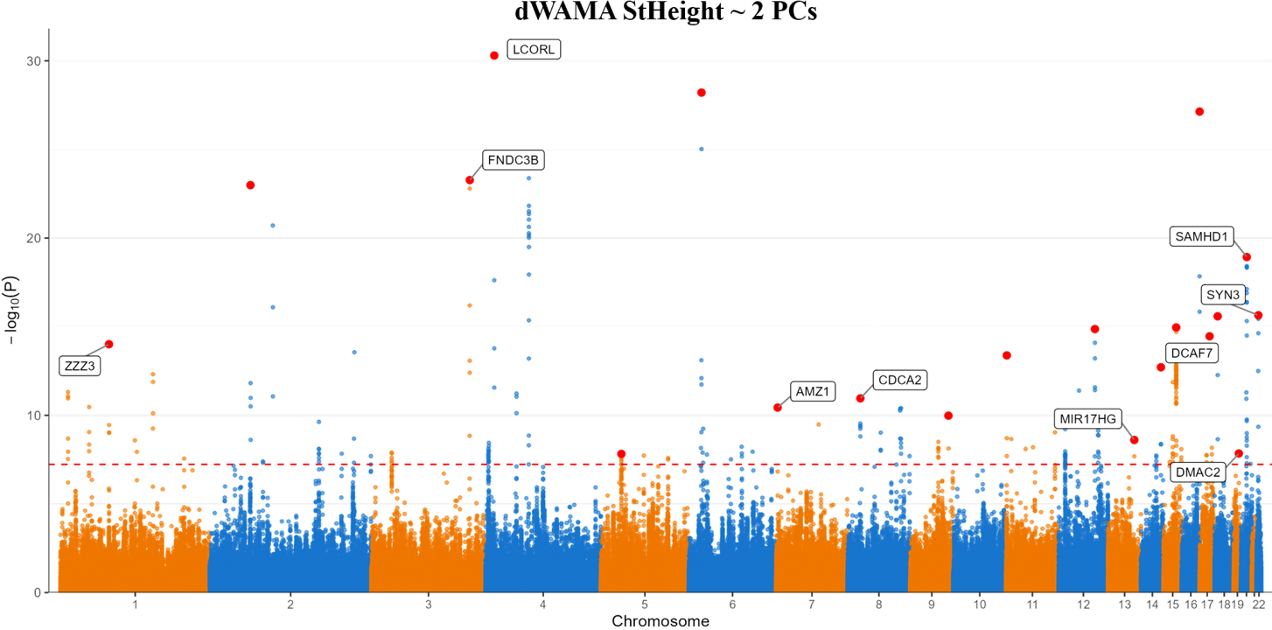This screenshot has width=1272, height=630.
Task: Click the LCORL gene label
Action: click(x=534, y=49)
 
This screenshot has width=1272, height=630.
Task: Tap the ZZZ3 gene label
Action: click(x=80, y=366)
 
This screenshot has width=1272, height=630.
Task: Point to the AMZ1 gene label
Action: click(x=813, y=391)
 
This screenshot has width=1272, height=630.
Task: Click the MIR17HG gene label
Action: click(x=1087, y=419)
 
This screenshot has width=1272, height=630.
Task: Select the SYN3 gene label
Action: click(x=1222, y=294)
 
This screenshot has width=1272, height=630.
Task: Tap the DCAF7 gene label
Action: click(x=1192, y=353)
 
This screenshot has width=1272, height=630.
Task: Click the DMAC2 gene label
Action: click(x=1198, y=472)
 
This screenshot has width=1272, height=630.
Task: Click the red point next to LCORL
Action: click(x=494, y=54)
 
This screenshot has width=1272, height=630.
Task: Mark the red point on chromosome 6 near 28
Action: click(x=701, y=92)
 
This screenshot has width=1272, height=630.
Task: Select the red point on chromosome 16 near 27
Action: click(x=1199, y=111)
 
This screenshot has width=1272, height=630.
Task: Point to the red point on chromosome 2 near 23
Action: click(x=250, y=185)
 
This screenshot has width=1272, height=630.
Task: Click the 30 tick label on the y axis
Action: click(x=35, y=61)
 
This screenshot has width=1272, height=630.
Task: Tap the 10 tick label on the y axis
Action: click(x=35, y=415)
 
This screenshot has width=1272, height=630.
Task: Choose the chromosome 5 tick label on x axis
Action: click(x=645, y=604)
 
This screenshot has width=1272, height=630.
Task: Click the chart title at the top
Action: click(x=666, y=11)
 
